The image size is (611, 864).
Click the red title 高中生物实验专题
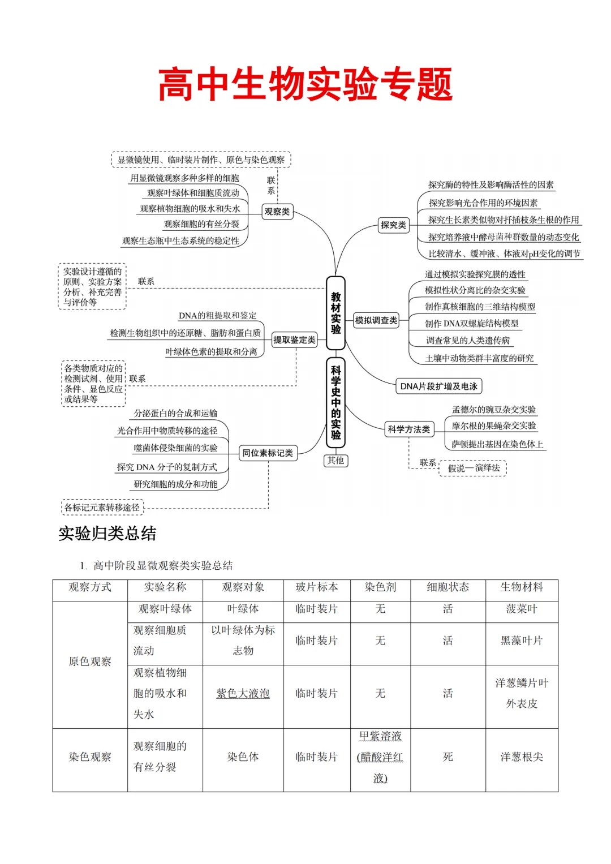(305, 85)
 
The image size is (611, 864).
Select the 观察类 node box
(277, 212)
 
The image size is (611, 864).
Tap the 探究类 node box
(393, 225)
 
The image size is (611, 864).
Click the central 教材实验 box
(335, 313)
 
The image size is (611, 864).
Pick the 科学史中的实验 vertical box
(335, 402)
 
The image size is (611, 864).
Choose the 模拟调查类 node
(376, 321)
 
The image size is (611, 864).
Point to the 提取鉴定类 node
(294, 340)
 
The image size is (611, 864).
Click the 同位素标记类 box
(268, 453)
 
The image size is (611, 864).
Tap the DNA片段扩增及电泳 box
(438, 386)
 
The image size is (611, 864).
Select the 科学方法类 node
(408, 429)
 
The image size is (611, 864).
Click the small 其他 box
(335, 461)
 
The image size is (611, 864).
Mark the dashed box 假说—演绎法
(473, 468)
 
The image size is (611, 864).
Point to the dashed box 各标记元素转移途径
(102, 508)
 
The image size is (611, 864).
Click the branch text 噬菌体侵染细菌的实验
(175, 448)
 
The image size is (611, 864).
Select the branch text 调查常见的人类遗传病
(467, 341)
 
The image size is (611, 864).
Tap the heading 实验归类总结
(107, 534)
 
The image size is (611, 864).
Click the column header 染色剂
(380, 587)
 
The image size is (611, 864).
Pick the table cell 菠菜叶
(522, 609)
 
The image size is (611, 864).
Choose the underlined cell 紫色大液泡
(243, 694)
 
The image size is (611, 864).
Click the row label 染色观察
(90, 757)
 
